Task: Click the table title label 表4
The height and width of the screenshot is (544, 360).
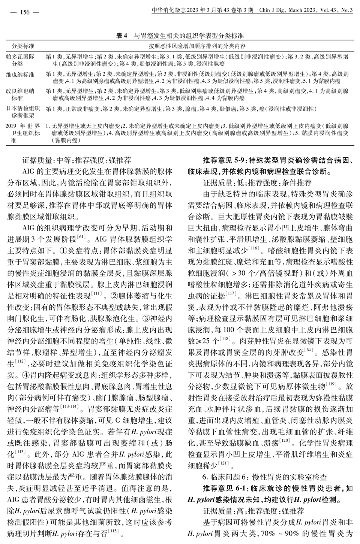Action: pos(122,36)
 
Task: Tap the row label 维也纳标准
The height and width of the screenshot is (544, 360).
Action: pos(20,75)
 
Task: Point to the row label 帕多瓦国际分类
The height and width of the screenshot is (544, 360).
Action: pos(20,60)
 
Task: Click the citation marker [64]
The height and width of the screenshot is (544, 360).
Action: pos(309,350)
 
